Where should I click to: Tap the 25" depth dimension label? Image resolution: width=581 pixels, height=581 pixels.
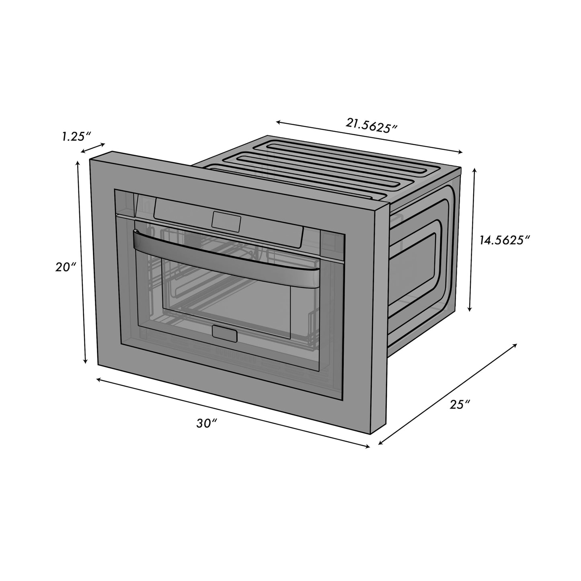tap(460, 404)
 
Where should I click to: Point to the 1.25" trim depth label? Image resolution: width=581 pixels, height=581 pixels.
tap(75, 136)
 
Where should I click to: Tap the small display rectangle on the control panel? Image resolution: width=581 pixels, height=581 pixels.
tap(226, 221)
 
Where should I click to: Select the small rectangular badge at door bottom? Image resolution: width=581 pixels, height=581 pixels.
tap(224, 334)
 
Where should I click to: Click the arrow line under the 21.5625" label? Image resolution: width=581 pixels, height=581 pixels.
tap(369, 137)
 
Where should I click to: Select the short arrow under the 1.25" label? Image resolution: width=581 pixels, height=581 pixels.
tap(93, 148)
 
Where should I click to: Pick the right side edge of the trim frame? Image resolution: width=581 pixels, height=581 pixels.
tap(378, 318)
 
